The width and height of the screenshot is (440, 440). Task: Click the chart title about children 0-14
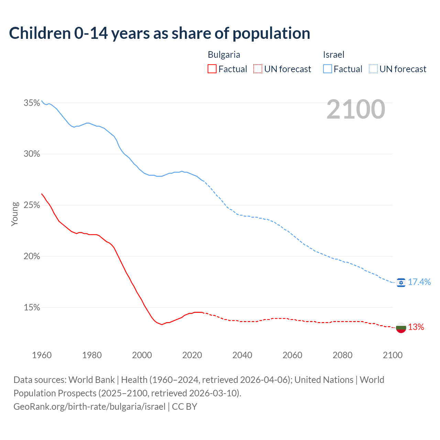159,33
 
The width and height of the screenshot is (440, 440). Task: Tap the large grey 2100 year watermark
356,109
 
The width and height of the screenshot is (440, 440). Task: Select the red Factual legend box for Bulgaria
212,69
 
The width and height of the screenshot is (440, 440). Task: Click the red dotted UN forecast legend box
258,69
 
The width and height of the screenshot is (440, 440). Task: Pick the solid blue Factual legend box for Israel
328,69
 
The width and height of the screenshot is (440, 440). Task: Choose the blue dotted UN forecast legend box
373,69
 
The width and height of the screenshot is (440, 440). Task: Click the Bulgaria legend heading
224,55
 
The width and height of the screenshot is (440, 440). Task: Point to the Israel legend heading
333,55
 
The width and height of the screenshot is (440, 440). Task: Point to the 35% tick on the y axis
32,103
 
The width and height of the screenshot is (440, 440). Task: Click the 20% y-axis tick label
32,256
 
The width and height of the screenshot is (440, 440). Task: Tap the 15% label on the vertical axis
32,308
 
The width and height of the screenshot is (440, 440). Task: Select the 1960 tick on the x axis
42,355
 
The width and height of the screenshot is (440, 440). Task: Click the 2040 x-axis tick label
242,355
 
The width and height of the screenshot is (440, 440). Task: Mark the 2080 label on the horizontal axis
342,355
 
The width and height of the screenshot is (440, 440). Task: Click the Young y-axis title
15,214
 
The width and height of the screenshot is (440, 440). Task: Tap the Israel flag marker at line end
401,283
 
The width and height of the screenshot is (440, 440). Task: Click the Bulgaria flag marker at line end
401,328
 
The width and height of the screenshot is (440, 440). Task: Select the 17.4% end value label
419,282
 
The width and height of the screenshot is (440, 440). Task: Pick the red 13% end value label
416,327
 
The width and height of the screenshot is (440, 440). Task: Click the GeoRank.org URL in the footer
89,407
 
